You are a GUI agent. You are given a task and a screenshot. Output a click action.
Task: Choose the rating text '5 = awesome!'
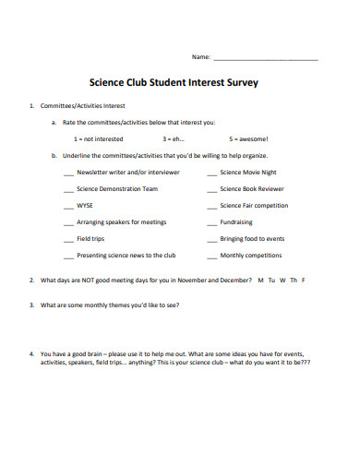248,138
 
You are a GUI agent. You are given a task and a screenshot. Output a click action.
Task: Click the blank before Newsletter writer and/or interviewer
68,173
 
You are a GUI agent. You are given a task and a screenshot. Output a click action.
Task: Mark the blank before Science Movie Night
212,173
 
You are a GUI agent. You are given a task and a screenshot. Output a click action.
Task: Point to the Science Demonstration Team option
117,188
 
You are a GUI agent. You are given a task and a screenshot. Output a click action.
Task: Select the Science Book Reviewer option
252,188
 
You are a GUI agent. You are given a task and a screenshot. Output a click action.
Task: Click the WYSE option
85,205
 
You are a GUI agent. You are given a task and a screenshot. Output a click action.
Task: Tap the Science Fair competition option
254,205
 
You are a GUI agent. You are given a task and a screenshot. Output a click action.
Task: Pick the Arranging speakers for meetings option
122,221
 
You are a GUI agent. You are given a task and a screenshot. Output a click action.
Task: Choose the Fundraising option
236,221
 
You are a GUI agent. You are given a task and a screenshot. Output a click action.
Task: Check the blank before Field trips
68,238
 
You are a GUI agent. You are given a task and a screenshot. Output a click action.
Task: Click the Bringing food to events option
252,238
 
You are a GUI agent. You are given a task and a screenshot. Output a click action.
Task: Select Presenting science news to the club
126,255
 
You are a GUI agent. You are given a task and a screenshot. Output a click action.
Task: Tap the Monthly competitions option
250,255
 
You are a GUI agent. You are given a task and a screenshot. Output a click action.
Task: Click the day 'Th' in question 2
293,279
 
